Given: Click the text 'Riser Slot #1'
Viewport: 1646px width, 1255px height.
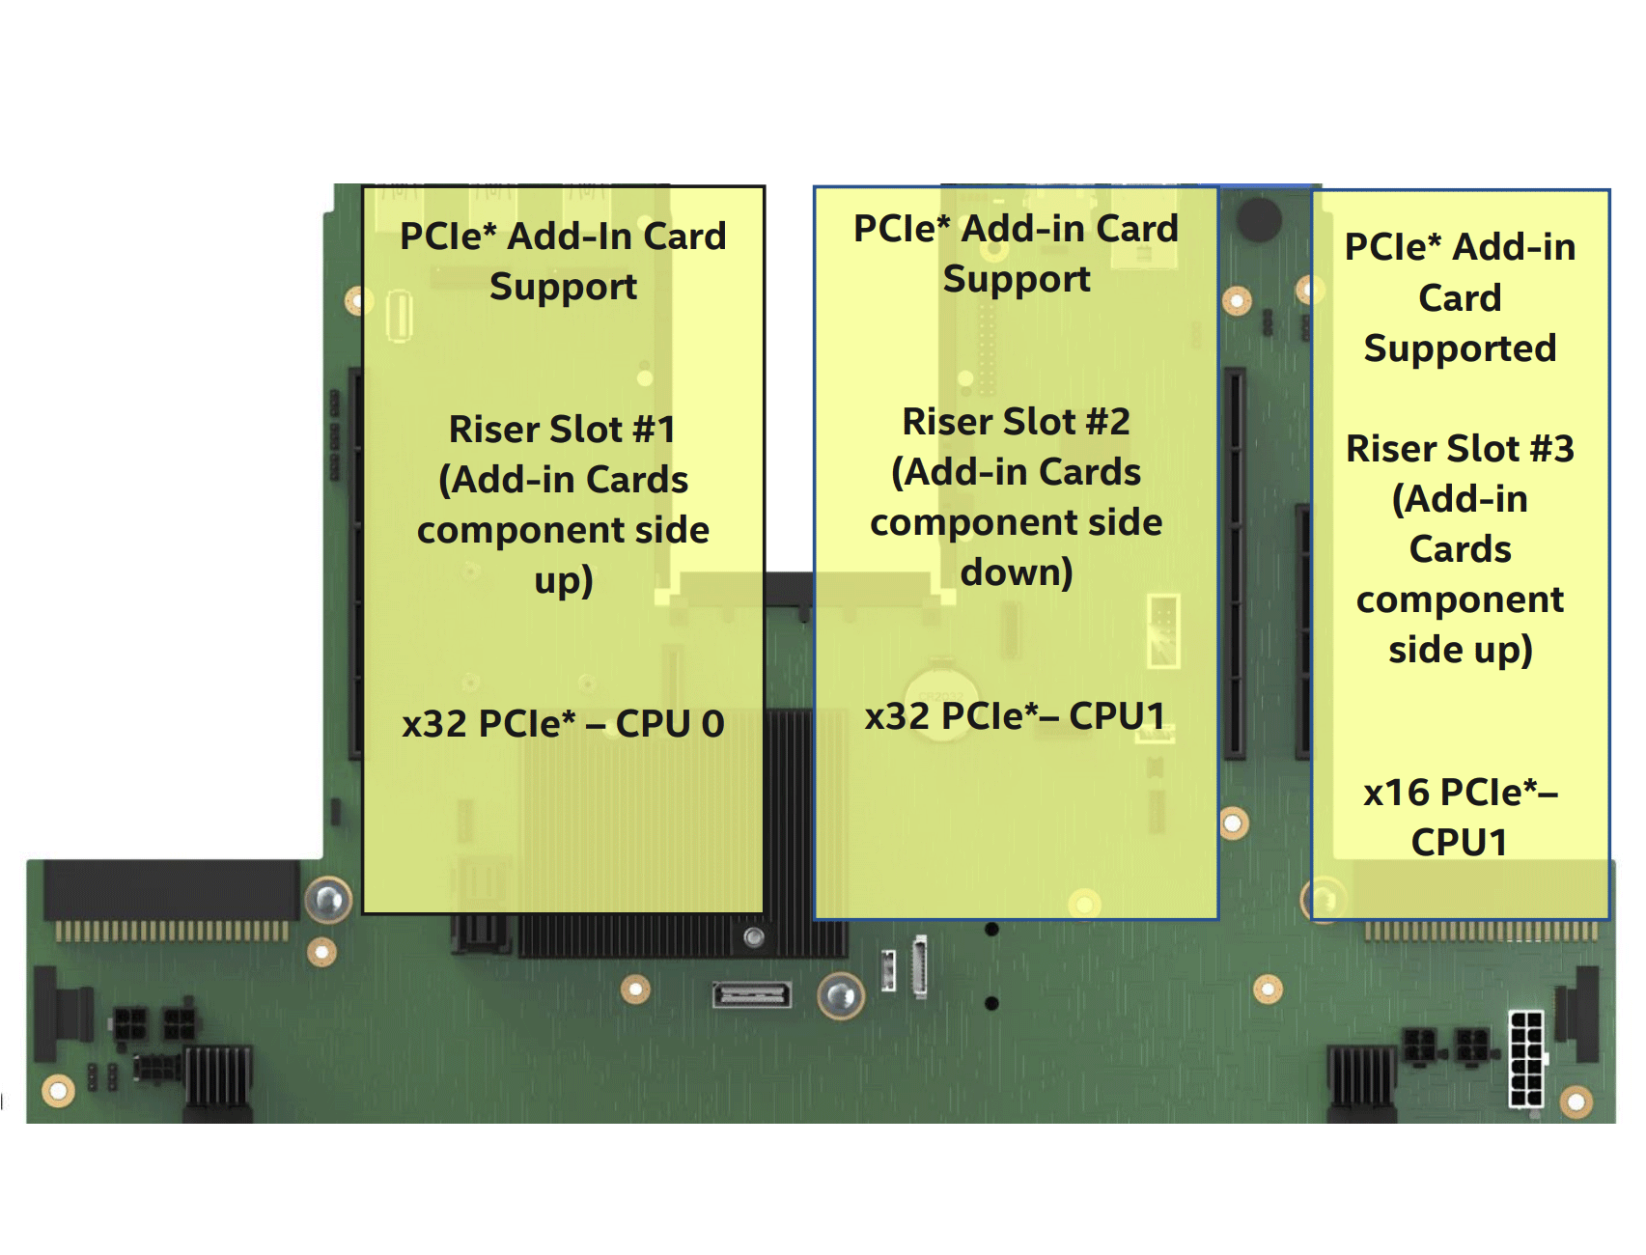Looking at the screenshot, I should point(562,430).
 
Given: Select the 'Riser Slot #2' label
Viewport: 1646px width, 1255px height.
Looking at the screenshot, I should point(1016,422).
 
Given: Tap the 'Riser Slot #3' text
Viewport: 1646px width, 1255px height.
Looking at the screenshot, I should point(1460,449).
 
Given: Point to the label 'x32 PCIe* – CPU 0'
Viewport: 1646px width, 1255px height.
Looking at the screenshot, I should point(563,724).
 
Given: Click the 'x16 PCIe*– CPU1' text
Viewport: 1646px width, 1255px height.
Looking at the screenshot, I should point(1460,817).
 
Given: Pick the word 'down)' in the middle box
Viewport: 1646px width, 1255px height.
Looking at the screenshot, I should point(1016,572).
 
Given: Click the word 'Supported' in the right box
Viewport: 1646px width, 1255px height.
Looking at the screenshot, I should point(1460,349).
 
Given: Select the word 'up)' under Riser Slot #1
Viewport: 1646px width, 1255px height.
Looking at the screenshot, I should point(563,580).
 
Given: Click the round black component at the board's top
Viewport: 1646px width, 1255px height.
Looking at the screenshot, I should point(1259,219).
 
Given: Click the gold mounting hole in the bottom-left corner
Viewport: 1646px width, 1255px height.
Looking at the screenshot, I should point(58,1091).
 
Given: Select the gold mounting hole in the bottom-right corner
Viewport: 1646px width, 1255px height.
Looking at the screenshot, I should point(1576,1102).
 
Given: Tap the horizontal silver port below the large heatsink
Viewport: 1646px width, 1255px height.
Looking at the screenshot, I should point(751,993).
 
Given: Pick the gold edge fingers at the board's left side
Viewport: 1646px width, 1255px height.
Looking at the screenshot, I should point(171,932).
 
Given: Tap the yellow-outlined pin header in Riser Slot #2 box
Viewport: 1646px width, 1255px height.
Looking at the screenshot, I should point(1163,630).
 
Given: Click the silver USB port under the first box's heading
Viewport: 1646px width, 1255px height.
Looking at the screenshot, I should point(399,316).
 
